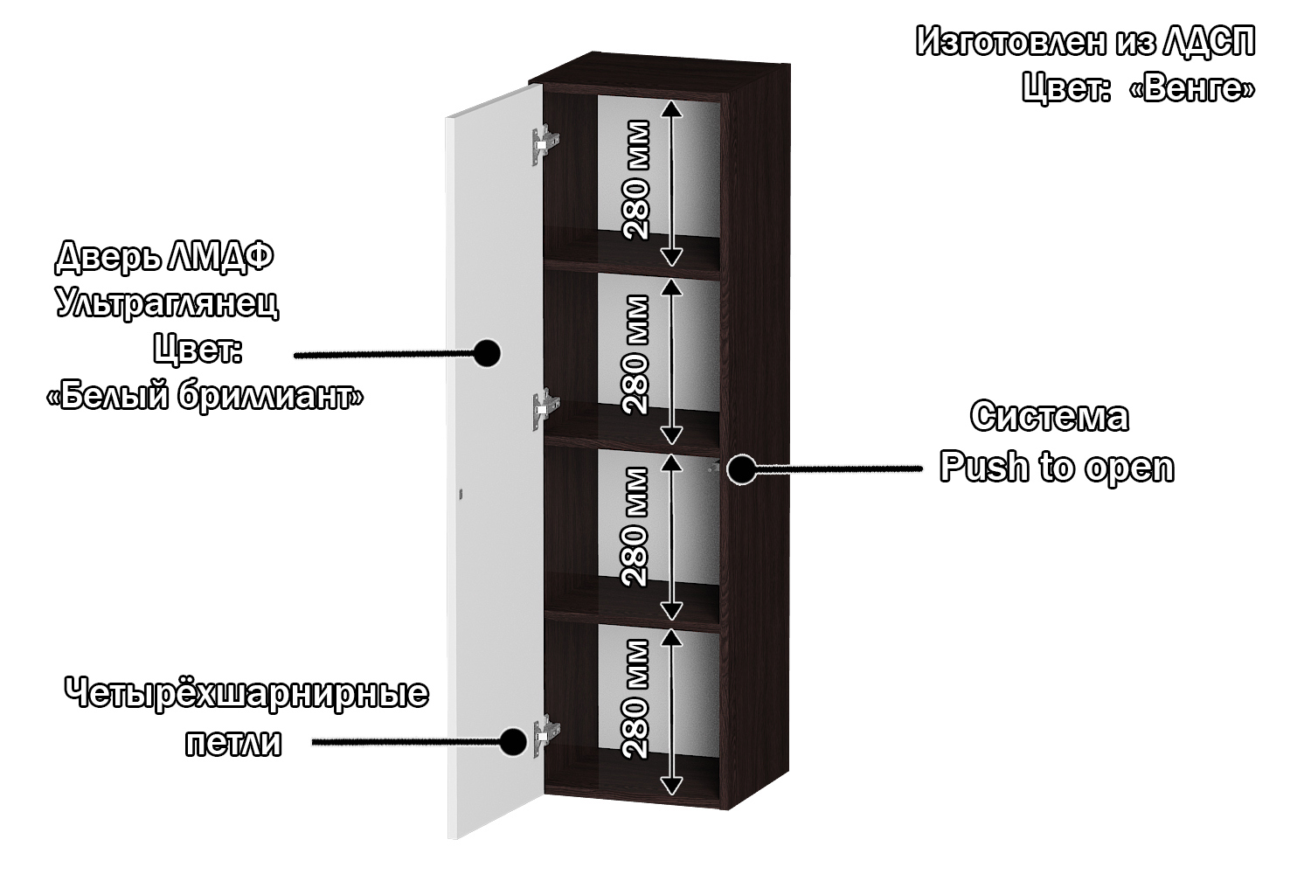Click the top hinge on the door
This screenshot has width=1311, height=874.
544,143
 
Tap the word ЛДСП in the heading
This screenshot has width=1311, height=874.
1210,42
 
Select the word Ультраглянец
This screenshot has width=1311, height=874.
167,303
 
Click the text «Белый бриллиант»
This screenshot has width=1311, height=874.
205,397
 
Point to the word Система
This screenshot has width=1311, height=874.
1049,417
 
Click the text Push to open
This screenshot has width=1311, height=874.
1057,468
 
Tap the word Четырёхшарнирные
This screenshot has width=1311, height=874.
246,695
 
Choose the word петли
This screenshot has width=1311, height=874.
233,744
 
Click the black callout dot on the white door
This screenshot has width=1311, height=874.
486,354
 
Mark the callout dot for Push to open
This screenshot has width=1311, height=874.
741,468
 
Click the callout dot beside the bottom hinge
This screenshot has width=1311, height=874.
512,742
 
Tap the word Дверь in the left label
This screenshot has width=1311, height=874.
104,257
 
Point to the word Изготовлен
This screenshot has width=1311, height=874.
1004,42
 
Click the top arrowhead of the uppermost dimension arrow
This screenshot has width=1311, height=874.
670,108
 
